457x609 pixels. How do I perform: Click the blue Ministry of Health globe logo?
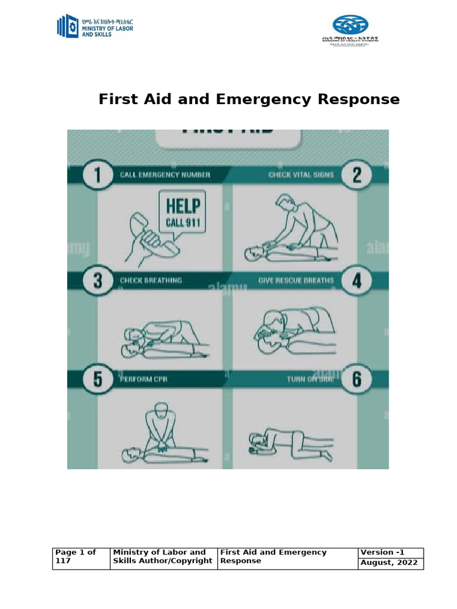[350, 25]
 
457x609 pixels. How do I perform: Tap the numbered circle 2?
[357, 175]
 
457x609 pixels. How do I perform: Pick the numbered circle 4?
[357, 281]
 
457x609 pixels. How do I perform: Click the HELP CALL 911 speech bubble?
[183, 213]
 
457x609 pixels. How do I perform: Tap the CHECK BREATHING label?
[151, 280]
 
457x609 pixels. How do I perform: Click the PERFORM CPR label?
[145, 379]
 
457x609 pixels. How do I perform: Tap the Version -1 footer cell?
[391, 553]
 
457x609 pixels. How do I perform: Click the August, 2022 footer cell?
[391, 564]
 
